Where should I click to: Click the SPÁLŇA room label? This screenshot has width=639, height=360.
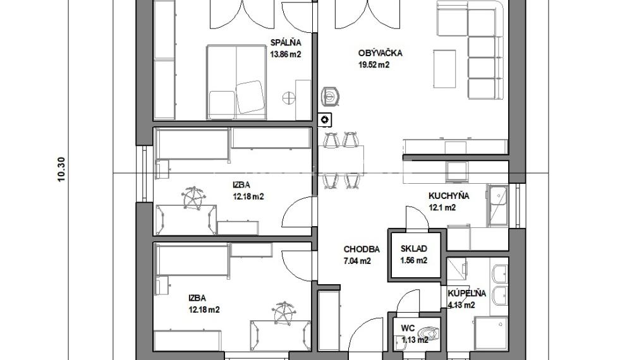point(286,42)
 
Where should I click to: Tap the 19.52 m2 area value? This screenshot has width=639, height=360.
point(374,65)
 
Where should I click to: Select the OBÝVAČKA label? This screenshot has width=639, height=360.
point(380,53)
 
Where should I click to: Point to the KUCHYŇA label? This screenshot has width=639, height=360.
point(449,196)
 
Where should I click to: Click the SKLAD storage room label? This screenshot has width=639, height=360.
point(413,249)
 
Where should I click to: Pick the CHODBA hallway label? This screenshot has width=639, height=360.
point(362,249)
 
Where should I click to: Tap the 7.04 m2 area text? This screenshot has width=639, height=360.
point(357,261)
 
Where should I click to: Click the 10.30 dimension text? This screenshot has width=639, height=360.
point(61,169)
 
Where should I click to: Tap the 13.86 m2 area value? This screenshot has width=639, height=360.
point(286,54)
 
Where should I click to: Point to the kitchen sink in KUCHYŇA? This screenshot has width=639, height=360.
point(497,206)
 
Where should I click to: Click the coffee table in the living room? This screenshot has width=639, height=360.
point(444,68)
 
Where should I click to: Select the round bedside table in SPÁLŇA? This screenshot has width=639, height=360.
point(288,98)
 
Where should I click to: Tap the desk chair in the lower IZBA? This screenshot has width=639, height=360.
point(284,313)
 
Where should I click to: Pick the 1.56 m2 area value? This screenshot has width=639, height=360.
point(413,261)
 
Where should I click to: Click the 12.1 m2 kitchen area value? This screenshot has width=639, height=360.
point(442,208)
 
